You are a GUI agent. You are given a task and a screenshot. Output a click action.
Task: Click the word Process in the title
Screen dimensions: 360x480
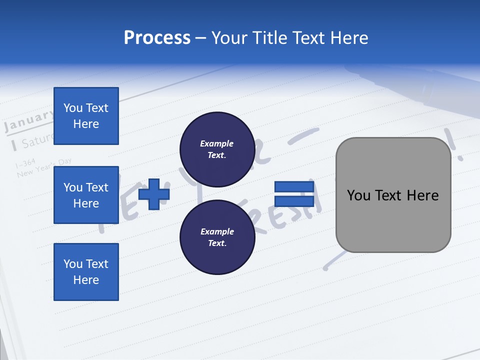[157, 38]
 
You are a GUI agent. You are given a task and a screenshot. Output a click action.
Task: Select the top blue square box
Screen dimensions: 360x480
[86, 116]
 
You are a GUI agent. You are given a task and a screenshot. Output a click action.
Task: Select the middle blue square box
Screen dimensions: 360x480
[86, 195]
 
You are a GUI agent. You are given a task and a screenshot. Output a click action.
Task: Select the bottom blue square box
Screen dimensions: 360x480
[86, 272]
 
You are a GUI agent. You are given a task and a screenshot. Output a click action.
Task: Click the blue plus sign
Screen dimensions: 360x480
[154, 194]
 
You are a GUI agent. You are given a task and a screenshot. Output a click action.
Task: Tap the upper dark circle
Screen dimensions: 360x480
[217, 149]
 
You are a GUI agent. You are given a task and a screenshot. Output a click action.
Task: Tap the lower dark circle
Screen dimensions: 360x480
[217, 237]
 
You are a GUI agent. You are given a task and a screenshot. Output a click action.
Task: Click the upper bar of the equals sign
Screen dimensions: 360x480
[294, 187]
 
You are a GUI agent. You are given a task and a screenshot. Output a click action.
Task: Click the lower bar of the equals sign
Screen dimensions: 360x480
[294, 201]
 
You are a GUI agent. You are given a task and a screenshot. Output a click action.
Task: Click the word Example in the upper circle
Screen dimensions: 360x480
[217, 143]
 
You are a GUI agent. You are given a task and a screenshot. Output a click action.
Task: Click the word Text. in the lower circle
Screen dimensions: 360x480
[217, 243]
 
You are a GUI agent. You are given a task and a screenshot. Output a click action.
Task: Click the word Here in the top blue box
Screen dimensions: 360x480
[86, 124]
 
